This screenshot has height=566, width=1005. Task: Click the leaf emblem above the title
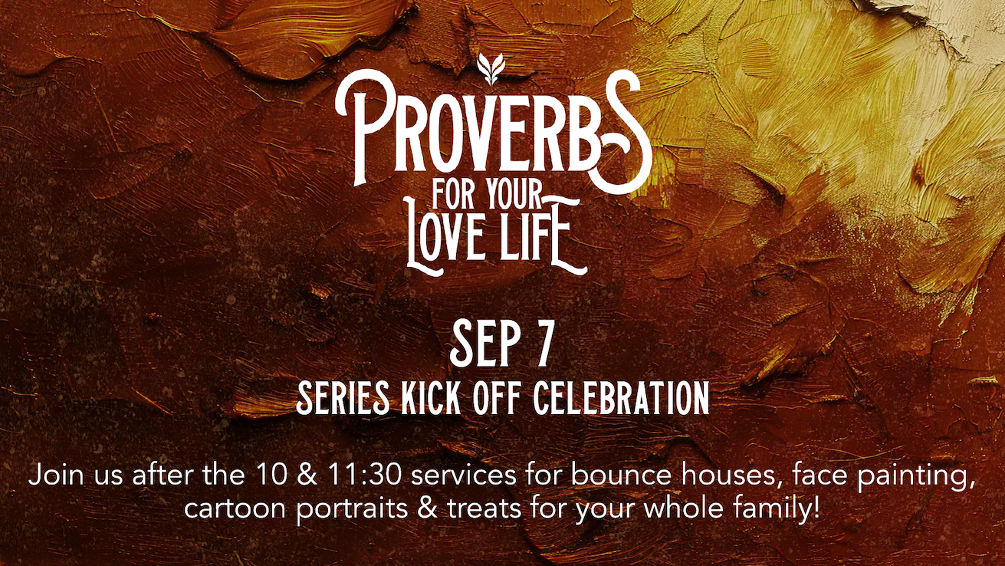click(x=491, y=69)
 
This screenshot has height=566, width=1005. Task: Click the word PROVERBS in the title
click(x=494, y=131)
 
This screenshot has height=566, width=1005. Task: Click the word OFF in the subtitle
click(x=497, y=398)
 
